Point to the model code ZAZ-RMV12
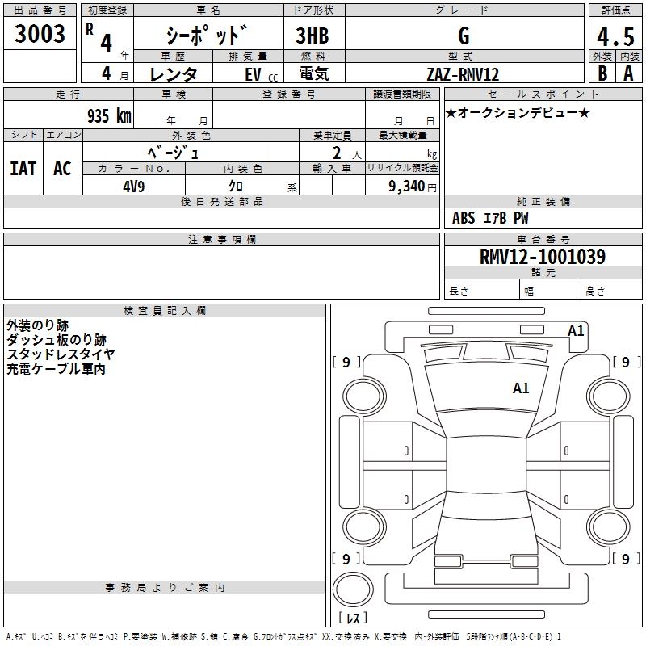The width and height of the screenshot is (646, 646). pyautogui.click(x=463, y=74)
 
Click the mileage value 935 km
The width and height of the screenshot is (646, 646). pyautogui.click(x=108, y=115)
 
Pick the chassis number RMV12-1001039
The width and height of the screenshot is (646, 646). pyautogui.click(x=531, y=257)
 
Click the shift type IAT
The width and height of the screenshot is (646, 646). pyautogui.click(x=23, y=169)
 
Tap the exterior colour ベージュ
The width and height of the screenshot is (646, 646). pyautogui.click(x=174, y=152)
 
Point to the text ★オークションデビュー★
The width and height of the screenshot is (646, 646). pyautogui.click(x=518, y=113)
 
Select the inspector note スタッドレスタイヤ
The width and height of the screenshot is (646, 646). pyautogui.click(x=61, y=354)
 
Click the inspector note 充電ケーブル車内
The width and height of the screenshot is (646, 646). pyautogui.click(x=57, y=369)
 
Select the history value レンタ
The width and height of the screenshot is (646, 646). pyautogui.click(x=174, y=74)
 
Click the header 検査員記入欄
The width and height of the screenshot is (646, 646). pyautogui.click(x=165, y=310)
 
